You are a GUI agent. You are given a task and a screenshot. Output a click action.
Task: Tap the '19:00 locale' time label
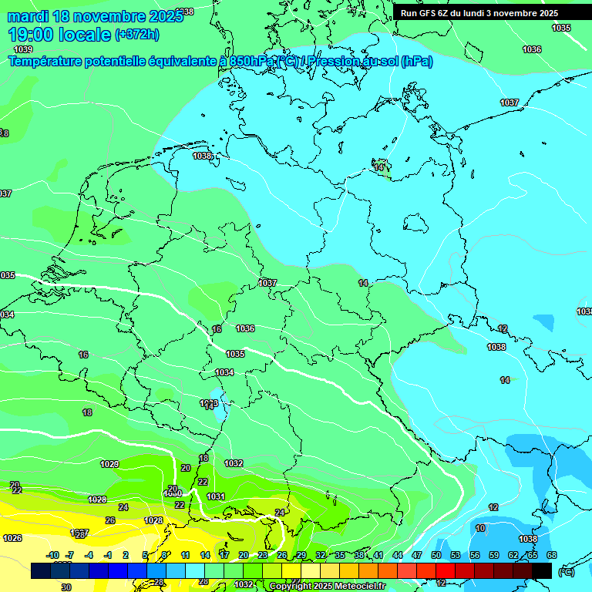pos(59,34)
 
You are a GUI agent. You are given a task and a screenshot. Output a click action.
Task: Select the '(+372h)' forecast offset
pos(136,34)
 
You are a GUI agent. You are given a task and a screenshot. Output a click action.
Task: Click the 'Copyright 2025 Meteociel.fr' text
pos(327,586)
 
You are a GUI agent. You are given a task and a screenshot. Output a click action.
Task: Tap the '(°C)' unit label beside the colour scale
pos(566,571)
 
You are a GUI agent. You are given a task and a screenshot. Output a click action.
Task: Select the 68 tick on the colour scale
pos(551,555)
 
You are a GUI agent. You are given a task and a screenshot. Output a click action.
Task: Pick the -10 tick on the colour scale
pos(52,555)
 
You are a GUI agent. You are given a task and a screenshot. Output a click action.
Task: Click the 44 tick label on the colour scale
pos(398,555)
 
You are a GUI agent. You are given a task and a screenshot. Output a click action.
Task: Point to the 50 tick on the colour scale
pos(436,555)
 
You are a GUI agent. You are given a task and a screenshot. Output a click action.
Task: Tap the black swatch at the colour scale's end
pos(542,570)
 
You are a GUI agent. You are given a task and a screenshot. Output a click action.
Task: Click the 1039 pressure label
pos(23,49)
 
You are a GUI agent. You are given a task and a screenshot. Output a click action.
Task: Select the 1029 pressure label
pos(109,464)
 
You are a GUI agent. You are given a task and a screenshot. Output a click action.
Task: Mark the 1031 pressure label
pos(216,496)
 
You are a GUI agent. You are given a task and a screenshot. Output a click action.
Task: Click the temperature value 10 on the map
pos(480,528)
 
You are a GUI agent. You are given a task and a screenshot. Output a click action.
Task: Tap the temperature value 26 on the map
pos(110,520)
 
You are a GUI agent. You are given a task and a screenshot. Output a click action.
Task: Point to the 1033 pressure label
pos(209,403)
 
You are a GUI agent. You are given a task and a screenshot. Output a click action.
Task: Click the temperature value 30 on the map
pos(66,587)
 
